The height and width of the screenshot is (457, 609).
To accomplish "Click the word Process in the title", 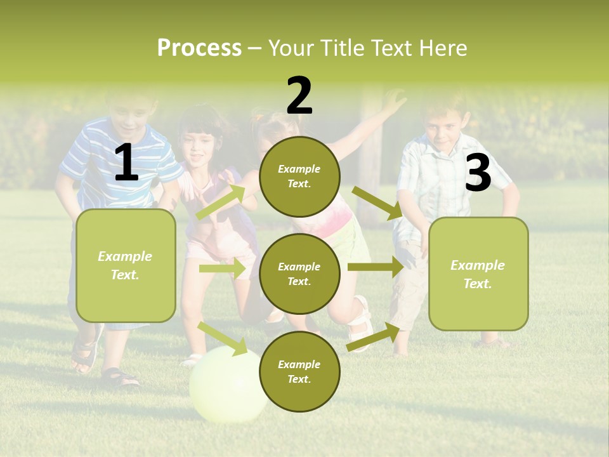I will click(199, 48).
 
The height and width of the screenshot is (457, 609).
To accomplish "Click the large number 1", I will click(126, 163).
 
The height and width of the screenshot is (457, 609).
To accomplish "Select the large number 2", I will click(299, 96).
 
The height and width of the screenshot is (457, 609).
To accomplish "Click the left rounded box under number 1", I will click(126, 265).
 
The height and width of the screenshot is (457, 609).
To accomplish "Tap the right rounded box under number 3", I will click(478, 274).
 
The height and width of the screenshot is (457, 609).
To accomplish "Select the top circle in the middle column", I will click(299, 176).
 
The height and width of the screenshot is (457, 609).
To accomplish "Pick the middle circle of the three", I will click(299, 274).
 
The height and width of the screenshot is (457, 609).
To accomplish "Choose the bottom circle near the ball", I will click(299, 371).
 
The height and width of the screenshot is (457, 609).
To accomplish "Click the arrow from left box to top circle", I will click(220, 202).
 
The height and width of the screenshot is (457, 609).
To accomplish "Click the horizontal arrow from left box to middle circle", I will click(222, 268).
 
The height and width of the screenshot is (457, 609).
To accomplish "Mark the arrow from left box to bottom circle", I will click(222, 338).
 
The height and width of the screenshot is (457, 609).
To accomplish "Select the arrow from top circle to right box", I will click(377, 203).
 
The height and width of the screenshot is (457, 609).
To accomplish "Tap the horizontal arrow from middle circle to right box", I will click(376, 267).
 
